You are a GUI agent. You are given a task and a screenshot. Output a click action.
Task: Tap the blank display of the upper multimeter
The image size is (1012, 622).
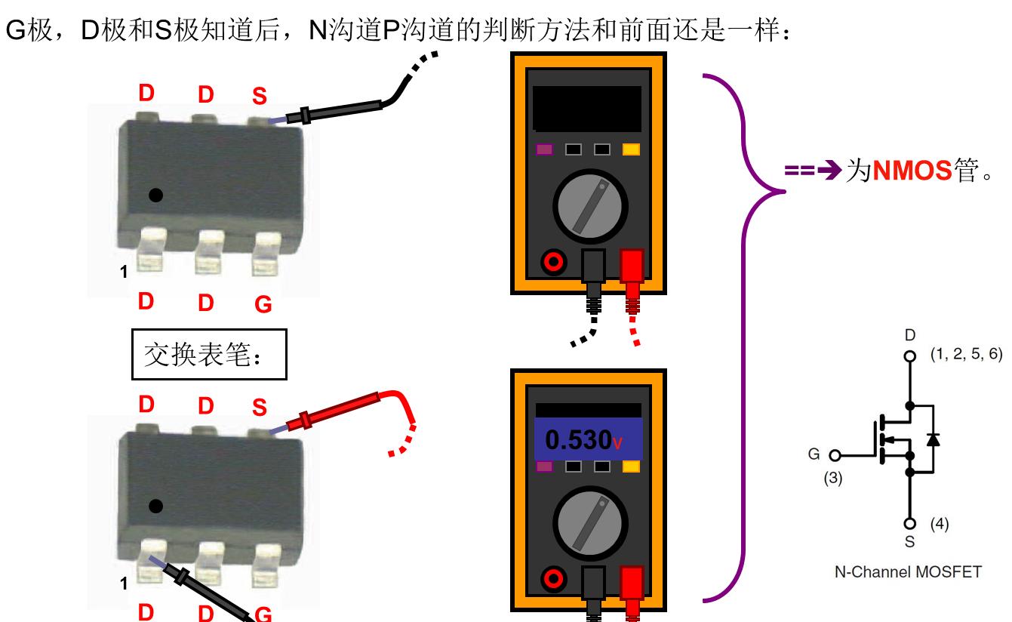(586, 108)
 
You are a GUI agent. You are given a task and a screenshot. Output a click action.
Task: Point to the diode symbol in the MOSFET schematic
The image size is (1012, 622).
(934, 439)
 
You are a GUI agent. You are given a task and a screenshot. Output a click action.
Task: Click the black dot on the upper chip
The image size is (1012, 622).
(155, 196)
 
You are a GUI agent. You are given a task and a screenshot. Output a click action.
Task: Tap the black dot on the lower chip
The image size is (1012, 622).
(155, 504)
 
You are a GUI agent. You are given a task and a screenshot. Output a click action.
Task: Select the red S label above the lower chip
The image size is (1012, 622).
(260, 408)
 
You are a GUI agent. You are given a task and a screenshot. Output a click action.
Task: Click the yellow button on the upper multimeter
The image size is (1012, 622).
(630, 149)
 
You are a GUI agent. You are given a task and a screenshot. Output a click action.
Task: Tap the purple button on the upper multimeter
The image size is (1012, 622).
(544, 149)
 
